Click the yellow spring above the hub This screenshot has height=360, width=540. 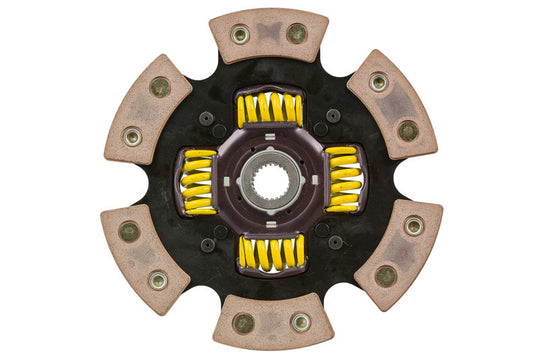[269, 109]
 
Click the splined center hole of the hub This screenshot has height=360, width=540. [270, 180]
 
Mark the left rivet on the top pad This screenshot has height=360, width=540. [240, 34]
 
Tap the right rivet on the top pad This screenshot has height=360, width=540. [297, 33]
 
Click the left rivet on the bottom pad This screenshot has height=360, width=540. [243, 323]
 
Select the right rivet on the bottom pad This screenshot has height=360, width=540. [300, 323]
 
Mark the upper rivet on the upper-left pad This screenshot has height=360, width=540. [160, 86]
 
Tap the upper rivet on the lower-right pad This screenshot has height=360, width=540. [413, 226]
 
